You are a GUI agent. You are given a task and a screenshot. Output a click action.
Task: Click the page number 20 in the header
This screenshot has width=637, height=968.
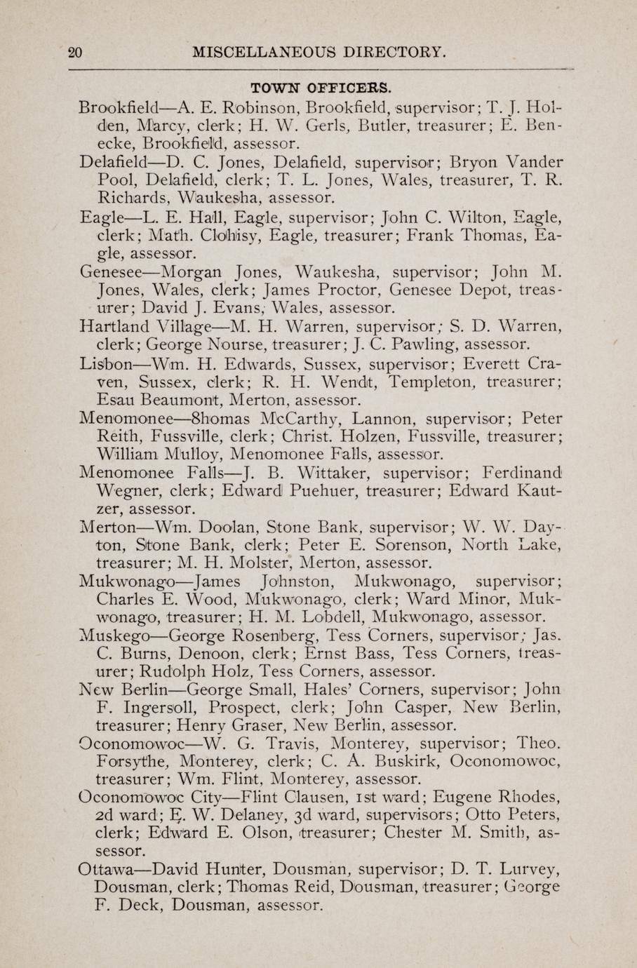tap(76, 51)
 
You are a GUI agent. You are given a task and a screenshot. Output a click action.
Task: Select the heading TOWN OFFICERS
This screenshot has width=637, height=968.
tap(321, 88)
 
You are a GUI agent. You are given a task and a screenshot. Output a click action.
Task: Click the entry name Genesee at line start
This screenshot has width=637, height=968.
tap(111, 271)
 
